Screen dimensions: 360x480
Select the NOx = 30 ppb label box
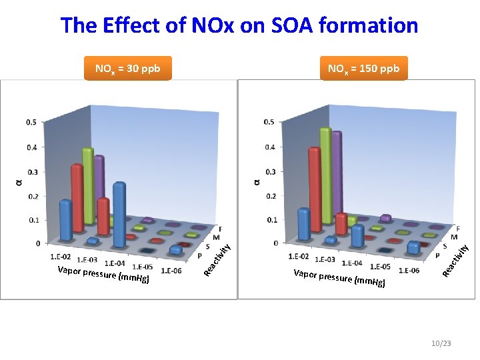pyautogui.click(x=128, y=68)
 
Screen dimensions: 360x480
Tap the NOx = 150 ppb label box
pyautogui.click(x=363, y=68)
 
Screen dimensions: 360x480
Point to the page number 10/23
pyautogui.click(x=441, y=343)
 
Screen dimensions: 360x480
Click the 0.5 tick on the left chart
pyautogui.click(x=31, y=123)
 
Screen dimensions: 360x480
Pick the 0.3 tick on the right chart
pyautogui.click(x=269, y=171)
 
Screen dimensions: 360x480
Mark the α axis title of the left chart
pyautogui.click(x=18, y=181)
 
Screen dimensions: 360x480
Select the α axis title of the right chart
pyautogui.click(x=256, y=181)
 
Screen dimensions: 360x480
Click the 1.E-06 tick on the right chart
pyautogui.click(x=408, y=270)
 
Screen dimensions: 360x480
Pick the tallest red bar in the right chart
pyautogui.click(x=315, y=190)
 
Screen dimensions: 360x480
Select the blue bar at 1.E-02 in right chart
pyautogui.click(x=303, y=223)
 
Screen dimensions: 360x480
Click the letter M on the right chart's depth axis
pyautogui.click(x=454, y=237)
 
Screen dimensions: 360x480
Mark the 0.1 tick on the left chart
pyautogui.click(x=31, y=219)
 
